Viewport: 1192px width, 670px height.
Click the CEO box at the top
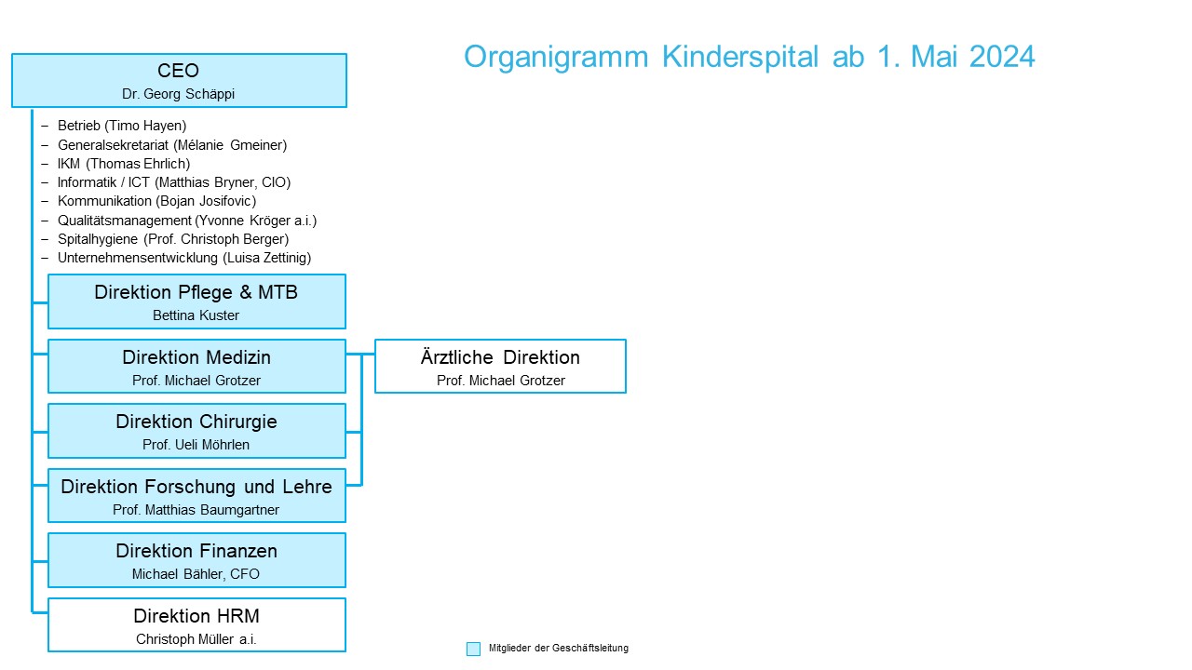[180, 80]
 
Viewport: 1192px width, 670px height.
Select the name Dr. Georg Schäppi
[178, 94]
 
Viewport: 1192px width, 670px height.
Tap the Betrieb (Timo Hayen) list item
[122, 126]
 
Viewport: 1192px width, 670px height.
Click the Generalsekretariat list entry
[172, 144]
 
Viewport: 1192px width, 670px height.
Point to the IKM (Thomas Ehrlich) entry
[124, 164]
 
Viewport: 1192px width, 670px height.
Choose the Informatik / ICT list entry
[174, 182]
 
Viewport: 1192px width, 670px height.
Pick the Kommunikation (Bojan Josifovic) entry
[157, 201]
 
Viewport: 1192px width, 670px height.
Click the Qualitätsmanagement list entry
[187, 221]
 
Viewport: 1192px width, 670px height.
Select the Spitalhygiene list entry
[173, 239]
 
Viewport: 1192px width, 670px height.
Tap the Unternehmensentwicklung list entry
[184, 258]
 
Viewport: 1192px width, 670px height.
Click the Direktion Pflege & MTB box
[196, 301]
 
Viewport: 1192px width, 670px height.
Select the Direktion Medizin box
[196, 367]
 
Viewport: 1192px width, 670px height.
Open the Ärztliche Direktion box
[500, 367]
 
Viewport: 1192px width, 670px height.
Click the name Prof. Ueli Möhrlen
[196, 445]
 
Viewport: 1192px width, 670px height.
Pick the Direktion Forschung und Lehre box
[196, 496]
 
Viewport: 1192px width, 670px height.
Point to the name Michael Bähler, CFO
[196, 574]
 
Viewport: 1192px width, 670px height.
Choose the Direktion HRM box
[196, 624]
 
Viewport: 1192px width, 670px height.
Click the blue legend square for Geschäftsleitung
[473, 649]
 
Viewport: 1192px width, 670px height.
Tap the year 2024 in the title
[1002, 57]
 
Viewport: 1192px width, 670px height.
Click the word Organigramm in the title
[556, 58]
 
